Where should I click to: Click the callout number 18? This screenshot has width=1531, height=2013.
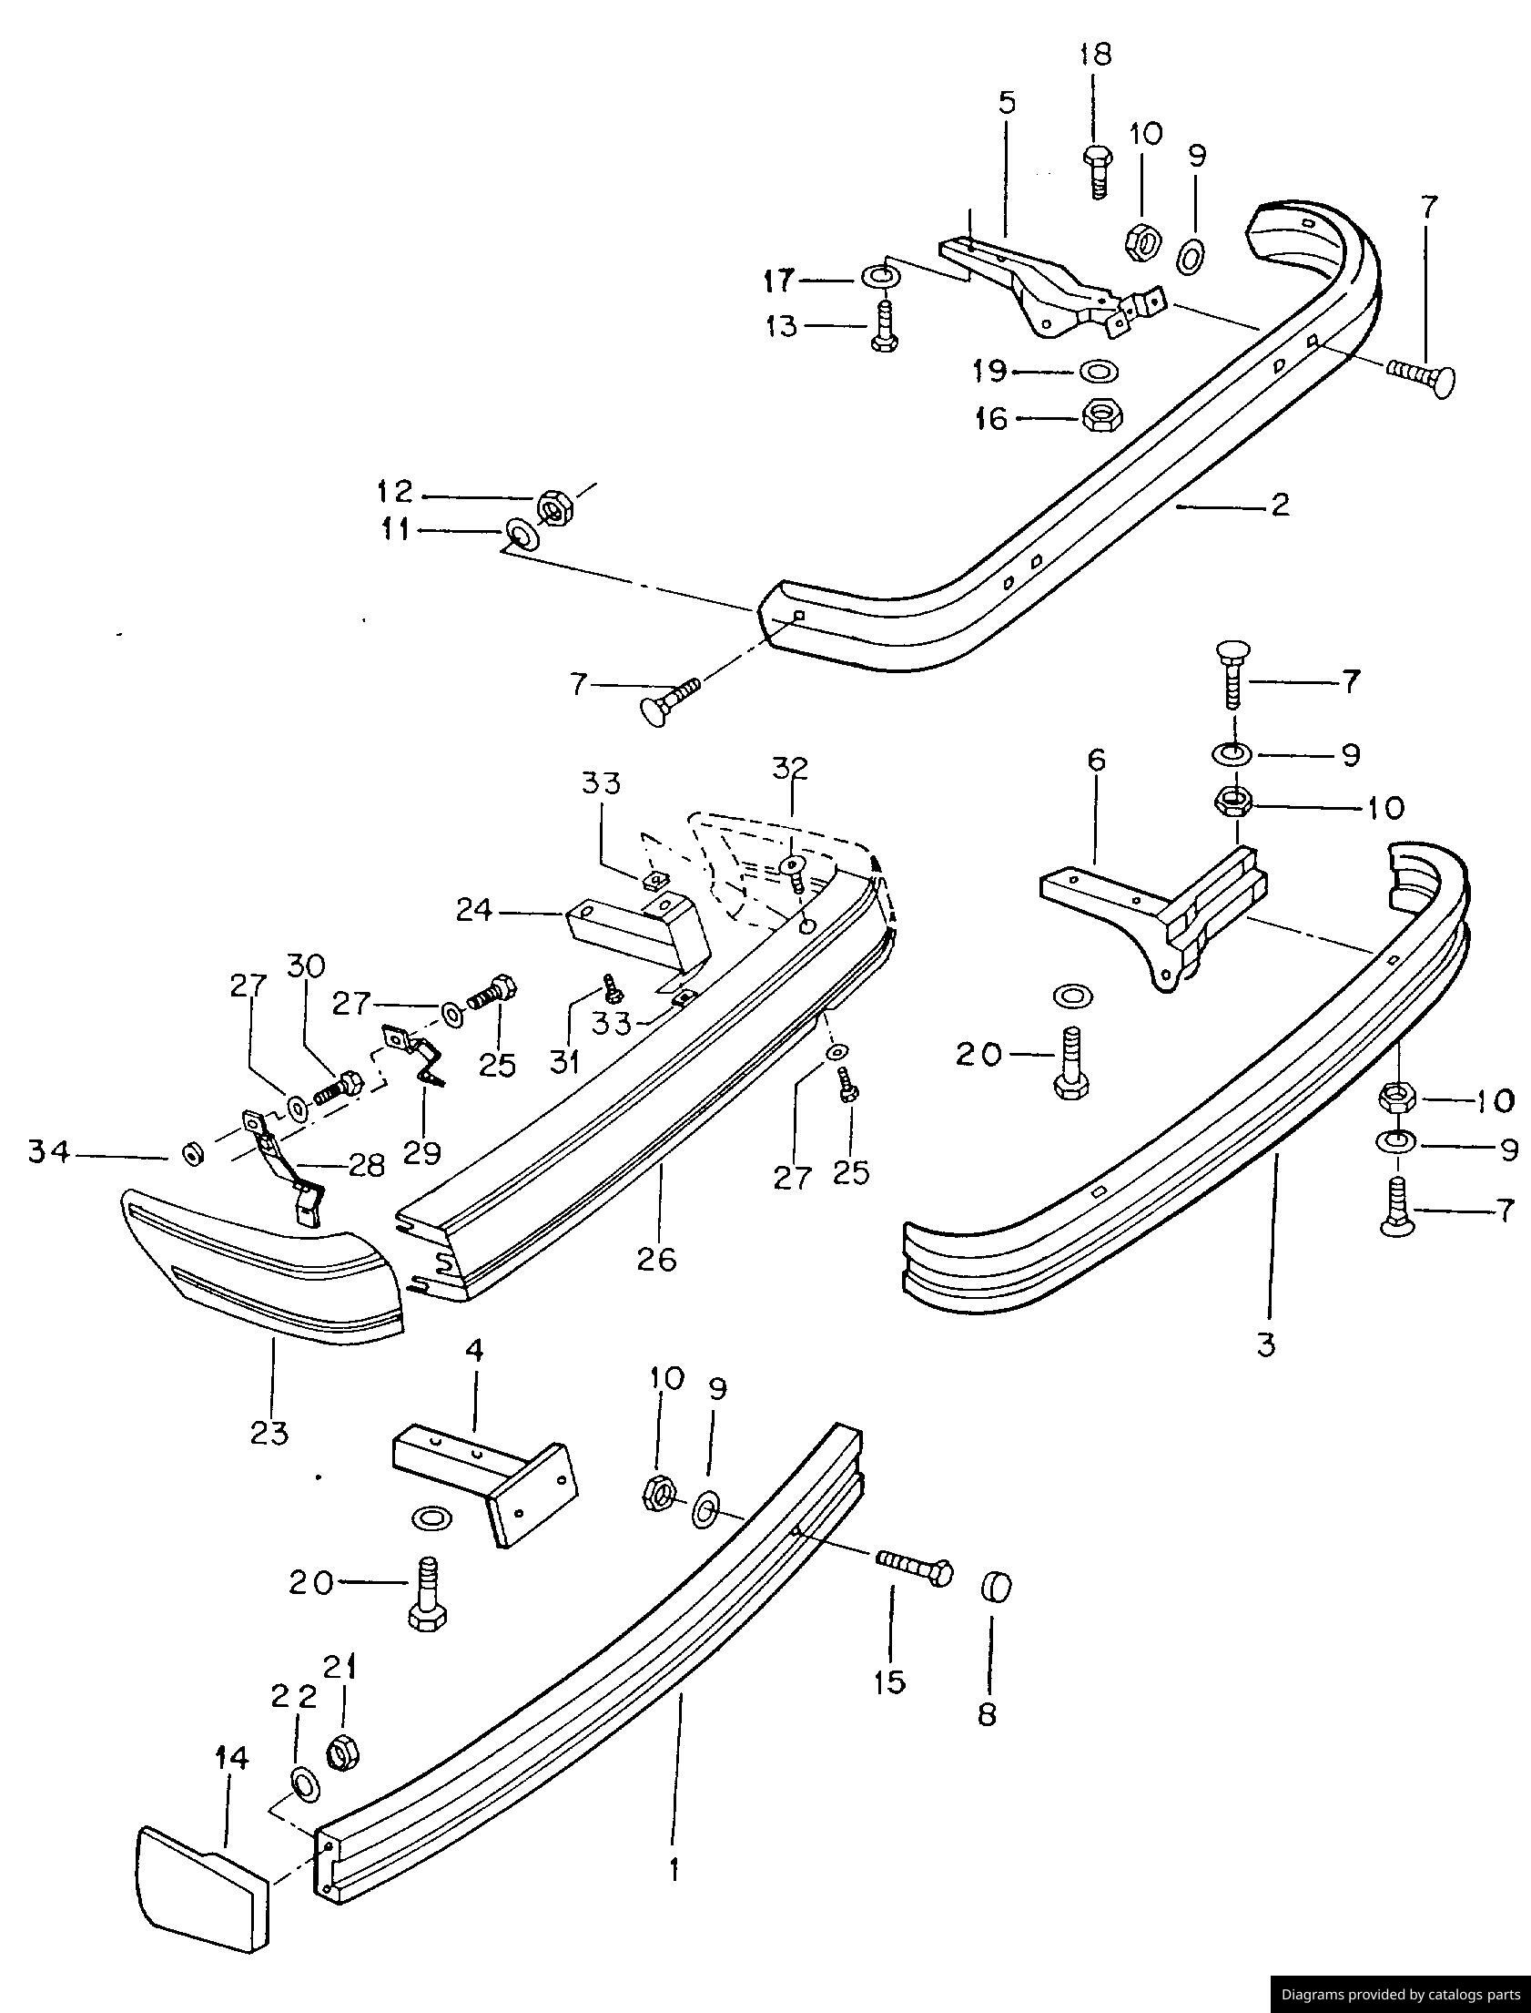point(1096,55)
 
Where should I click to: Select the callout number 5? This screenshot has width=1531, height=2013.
point(1006,103)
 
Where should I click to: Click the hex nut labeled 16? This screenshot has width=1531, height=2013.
point(1101,416)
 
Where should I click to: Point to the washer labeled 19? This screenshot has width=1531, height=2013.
point(1100,371)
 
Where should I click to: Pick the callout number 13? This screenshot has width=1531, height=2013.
point(782,325)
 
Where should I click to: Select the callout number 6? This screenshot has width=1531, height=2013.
point(1096,760)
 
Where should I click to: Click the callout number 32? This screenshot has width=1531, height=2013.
point(790,768)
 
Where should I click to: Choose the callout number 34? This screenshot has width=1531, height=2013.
point(48,1153)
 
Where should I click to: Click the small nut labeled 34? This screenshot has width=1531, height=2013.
point(192,1155)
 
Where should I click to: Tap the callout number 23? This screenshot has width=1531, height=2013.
point(269,1432)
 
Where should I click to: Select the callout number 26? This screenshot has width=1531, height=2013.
point(657,1259)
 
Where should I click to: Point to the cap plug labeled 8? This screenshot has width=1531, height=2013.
point(996,1589)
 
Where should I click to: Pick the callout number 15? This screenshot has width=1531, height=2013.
point(889,1681)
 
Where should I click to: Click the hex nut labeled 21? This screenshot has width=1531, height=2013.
point(342,1752)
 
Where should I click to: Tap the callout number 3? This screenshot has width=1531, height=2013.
point(1266,1343)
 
